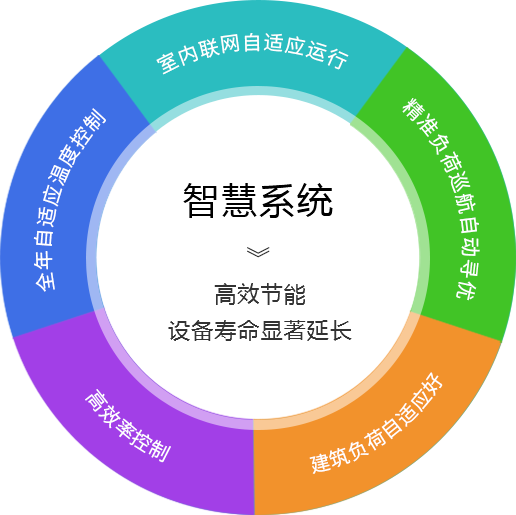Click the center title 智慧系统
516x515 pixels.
click(x=258, y=201)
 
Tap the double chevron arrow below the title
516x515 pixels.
click(x=258, y=252)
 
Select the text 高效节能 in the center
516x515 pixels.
click(x=260, y=294)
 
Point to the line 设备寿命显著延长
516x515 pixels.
click(x=260, y=330)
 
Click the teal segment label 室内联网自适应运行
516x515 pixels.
click(x=252, y=53)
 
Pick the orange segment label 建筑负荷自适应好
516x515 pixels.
click(x=377, y=423)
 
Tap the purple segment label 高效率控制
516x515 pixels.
click(x=128, y=425)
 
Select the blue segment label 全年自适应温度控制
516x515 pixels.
click(x=69, y=199)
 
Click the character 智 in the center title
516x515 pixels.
click(x=200, y=201)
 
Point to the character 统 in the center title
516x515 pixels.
click(x=316, y=201)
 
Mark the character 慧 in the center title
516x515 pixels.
click(x=239, y=201)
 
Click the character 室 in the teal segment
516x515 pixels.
click(x=167, y=63)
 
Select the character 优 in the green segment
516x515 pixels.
click(x=467, y=288)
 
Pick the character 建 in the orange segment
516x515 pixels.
click(x=321, y=462)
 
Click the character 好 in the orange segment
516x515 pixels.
click(x=431, y=384)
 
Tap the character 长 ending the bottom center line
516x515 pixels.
click(x=340, y=330)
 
